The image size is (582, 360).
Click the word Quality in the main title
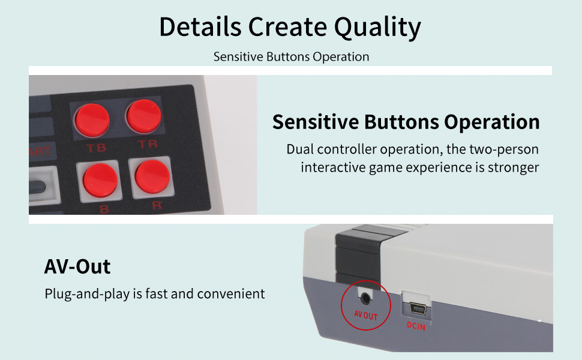377,28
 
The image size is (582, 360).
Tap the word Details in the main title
200,27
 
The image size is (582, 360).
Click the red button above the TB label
92,120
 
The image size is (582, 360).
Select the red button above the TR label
143,116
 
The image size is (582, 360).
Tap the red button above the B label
100,181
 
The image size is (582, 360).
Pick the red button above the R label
152,176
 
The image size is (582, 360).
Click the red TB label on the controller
96,148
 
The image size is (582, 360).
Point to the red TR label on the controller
148,144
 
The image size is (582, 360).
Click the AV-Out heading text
77,266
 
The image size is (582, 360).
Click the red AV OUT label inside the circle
365,316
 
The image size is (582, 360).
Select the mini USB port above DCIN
418,308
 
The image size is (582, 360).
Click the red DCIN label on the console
416,326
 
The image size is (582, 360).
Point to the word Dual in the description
300,149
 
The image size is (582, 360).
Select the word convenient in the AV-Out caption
231,294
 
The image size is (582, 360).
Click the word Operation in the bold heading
492,122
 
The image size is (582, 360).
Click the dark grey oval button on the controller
37,187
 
